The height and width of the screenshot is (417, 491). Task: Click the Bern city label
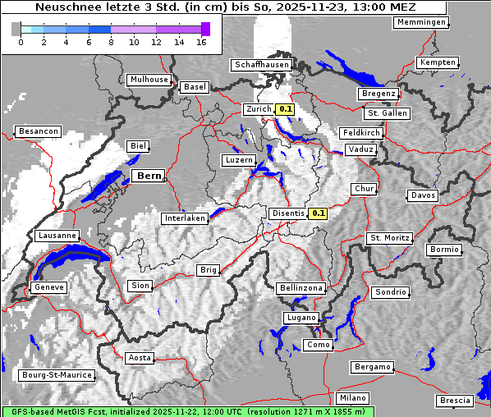tap(149, 176)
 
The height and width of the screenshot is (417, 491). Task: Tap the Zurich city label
tap(258, 108)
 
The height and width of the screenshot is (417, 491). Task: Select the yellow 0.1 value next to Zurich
tap(286, 108)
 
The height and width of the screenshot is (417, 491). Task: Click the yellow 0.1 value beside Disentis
tap(319, 213)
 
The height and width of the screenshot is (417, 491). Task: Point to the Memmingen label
tap(420, 22)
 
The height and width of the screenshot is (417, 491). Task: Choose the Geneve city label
tap(48, 287)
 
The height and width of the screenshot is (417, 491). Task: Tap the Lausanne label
tap(57, 236)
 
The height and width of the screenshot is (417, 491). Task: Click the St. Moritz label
tap(389, 238)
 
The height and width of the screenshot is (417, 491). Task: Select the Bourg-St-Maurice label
tap(56, 375)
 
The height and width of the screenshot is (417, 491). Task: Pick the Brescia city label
tap(455, 401)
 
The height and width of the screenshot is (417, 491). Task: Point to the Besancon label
tap(38, 131)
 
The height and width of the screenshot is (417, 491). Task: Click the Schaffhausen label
tap(260, 64)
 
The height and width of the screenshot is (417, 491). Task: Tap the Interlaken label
tap(184, 218)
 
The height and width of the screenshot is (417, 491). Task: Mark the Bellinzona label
tap(301, 288)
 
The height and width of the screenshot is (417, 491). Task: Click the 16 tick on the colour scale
tap(201, 42)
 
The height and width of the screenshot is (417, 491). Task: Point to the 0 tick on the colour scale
tap(21, 42)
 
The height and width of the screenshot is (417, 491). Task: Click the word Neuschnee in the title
tap(64, 7)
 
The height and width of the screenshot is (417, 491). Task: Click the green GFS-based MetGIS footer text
tap(187, 411)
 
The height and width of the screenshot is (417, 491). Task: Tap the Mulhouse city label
tap(149, 80)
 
